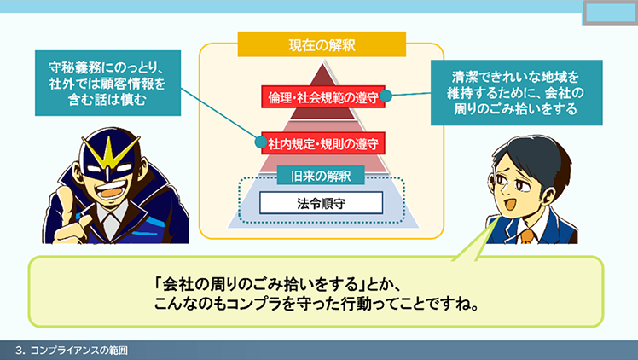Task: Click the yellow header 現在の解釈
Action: coord(322,44)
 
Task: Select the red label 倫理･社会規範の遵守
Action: coord(323,96)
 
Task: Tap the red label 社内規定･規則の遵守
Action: coord(323,143)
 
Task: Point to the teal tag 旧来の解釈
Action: coord(321,176)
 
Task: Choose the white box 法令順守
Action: coord(321,202)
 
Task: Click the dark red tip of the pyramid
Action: coord(323,74)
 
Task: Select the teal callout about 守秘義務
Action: coord(107,83)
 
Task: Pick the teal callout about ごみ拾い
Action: coord(516,93)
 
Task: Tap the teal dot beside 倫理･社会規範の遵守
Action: coord(386,96)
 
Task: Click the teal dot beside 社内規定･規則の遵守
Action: coord(261,142)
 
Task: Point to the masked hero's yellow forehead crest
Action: coord(108,154)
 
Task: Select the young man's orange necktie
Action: coord(527,236)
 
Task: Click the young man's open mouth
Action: coord(509,202)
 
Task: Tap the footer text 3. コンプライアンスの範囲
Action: coord(72,351)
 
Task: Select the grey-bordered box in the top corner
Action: coord(611,13)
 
